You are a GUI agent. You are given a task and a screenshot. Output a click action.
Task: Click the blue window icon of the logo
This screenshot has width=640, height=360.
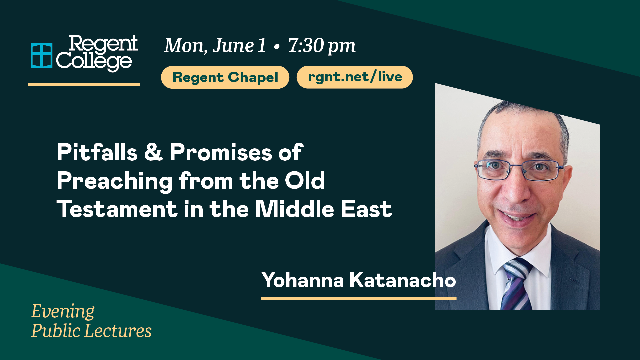point(42,56)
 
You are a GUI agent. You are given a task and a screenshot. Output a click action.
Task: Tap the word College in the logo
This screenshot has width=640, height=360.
point(94,61)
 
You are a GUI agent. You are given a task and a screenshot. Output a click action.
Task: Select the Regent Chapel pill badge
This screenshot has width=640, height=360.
point(225,77)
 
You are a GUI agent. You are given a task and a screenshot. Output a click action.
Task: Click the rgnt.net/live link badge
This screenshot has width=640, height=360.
point(355,77)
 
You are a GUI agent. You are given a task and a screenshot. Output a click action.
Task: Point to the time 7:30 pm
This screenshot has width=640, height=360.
point(322,46)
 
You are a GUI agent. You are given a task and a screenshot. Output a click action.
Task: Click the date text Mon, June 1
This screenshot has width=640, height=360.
point(215,46)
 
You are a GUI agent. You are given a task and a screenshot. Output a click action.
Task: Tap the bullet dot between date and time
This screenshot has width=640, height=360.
point(276,47)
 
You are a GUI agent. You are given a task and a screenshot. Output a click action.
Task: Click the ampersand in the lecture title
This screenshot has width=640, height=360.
point(154,152)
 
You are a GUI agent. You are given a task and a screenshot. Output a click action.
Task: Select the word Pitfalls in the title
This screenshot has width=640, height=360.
point(97,152)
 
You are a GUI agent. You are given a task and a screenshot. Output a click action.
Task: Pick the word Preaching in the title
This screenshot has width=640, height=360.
point(115,181)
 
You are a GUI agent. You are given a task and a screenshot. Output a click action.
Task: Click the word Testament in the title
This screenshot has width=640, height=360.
point(117,209)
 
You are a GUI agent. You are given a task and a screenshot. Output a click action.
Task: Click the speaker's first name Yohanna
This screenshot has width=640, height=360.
point(303,280)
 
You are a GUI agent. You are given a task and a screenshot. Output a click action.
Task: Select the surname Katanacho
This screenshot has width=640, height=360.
point(403,280)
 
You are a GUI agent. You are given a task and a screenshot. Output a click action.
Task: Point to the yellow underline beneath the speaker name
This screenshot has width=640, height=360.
point(359,299)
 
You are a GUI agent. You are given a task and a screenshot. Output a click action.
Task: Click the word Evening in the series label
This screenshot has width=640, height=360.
point(63,312)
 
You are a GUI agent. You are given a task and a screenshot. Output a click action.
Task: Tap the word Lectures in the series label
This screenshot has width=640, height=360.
point(118,331)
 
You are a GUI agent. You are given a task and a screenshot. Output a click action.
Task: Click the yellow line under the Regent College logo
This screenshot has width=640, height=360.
point(84,84)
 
